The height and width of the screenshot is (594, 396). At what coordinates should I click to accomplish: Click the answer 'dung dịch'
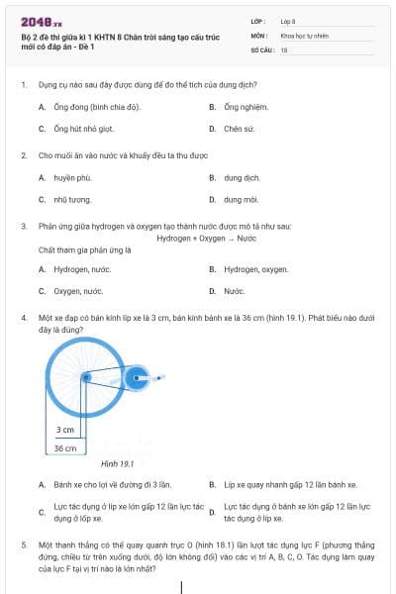242,178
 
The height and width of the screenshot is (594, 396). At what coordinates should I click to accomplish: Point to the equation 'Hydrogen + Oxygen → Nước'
206,239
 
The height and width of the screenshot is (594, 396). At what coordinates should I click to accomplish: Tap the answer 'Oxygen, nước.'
78,291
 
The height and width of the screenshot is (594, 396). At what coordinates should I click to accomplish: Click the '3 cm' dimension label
65,430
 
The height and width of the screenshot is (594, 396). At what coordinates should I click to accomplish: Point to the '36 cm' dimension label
65,447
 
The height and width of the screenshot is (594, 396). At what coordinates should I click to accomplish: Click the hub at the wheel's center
86,377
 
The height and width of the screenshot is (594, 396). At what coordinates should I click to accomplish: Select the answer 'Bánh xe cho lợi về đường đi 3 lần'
112,485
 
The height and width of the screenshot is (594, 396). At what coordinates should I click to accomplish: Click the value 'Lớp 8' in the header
289,20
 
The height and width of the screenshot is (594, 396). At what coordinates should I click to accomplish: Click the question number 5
23,544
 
